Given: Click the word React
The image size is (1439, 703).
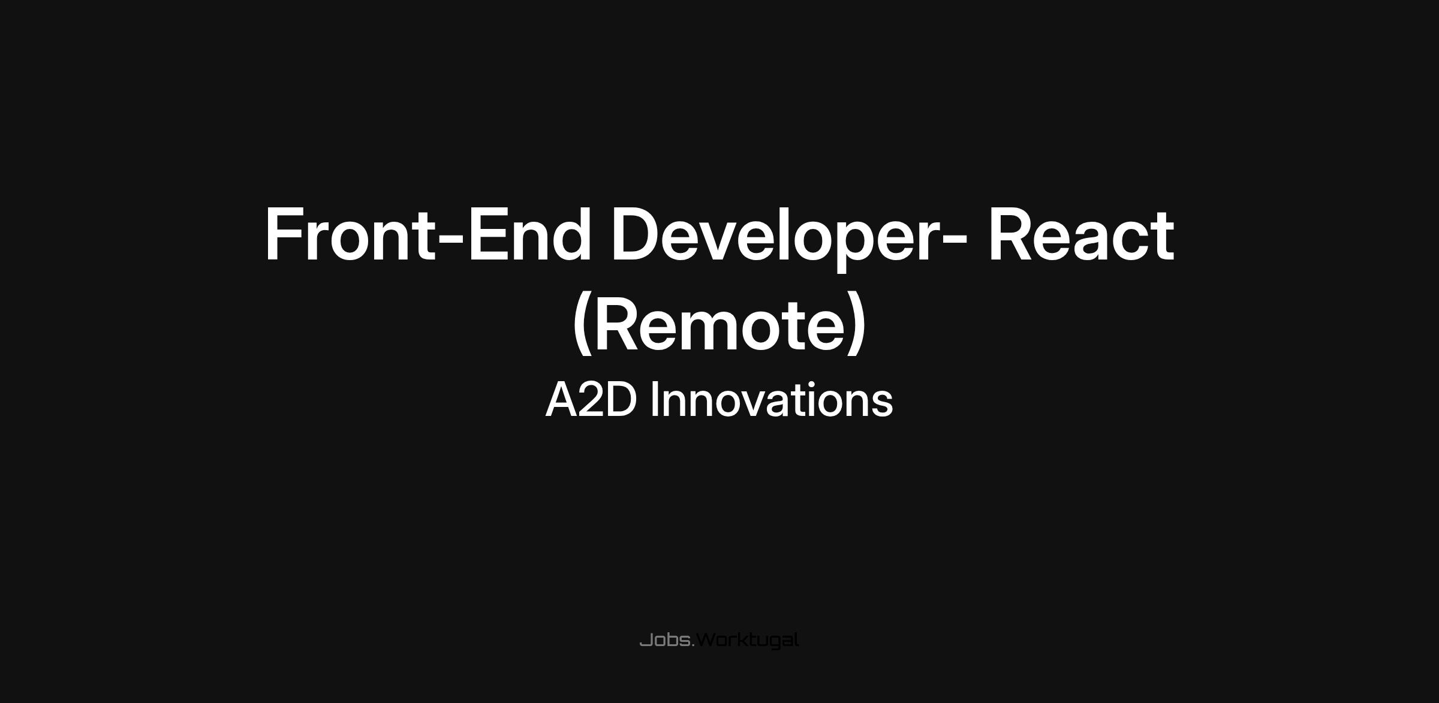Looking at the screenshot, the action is tap(1080, 234).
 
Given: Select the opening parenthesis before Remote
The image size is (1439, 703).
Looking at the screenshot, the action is tap(582, 324).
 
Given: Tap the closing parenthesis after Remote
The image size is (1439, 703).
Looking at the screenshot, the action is tap(857, 324).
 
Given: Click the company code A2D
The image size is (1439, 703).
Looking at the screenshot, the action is tap(591, 400).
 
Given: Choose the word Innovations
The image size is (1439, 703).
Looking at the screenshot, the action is tap(772, 400).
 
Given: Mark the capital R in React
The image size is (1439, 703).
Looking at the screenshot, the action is tap(1011, 234).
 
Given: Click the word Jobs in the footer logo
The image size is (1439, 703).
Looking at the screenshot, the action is tap(666, 640).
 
